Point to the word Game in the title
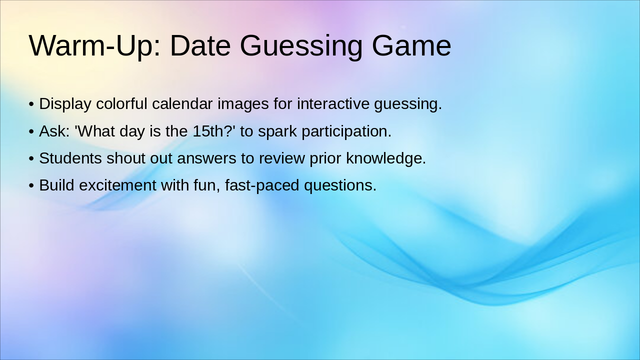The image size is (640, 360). (x=411, y=46)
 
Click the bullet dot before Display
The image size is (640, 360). (x=31, y=104)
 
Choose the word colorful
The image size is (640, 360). (x=121, y=104)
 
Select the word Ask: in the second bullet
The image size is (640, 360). (x=54, y=131)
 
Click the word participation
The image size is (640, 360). (x=346, y=131)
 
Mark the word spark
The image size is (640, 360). (x=277, y=131)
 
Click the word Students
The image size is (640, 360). (x=70, y=158)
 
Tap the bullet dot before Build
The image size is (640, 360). (x=31, y=185)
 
